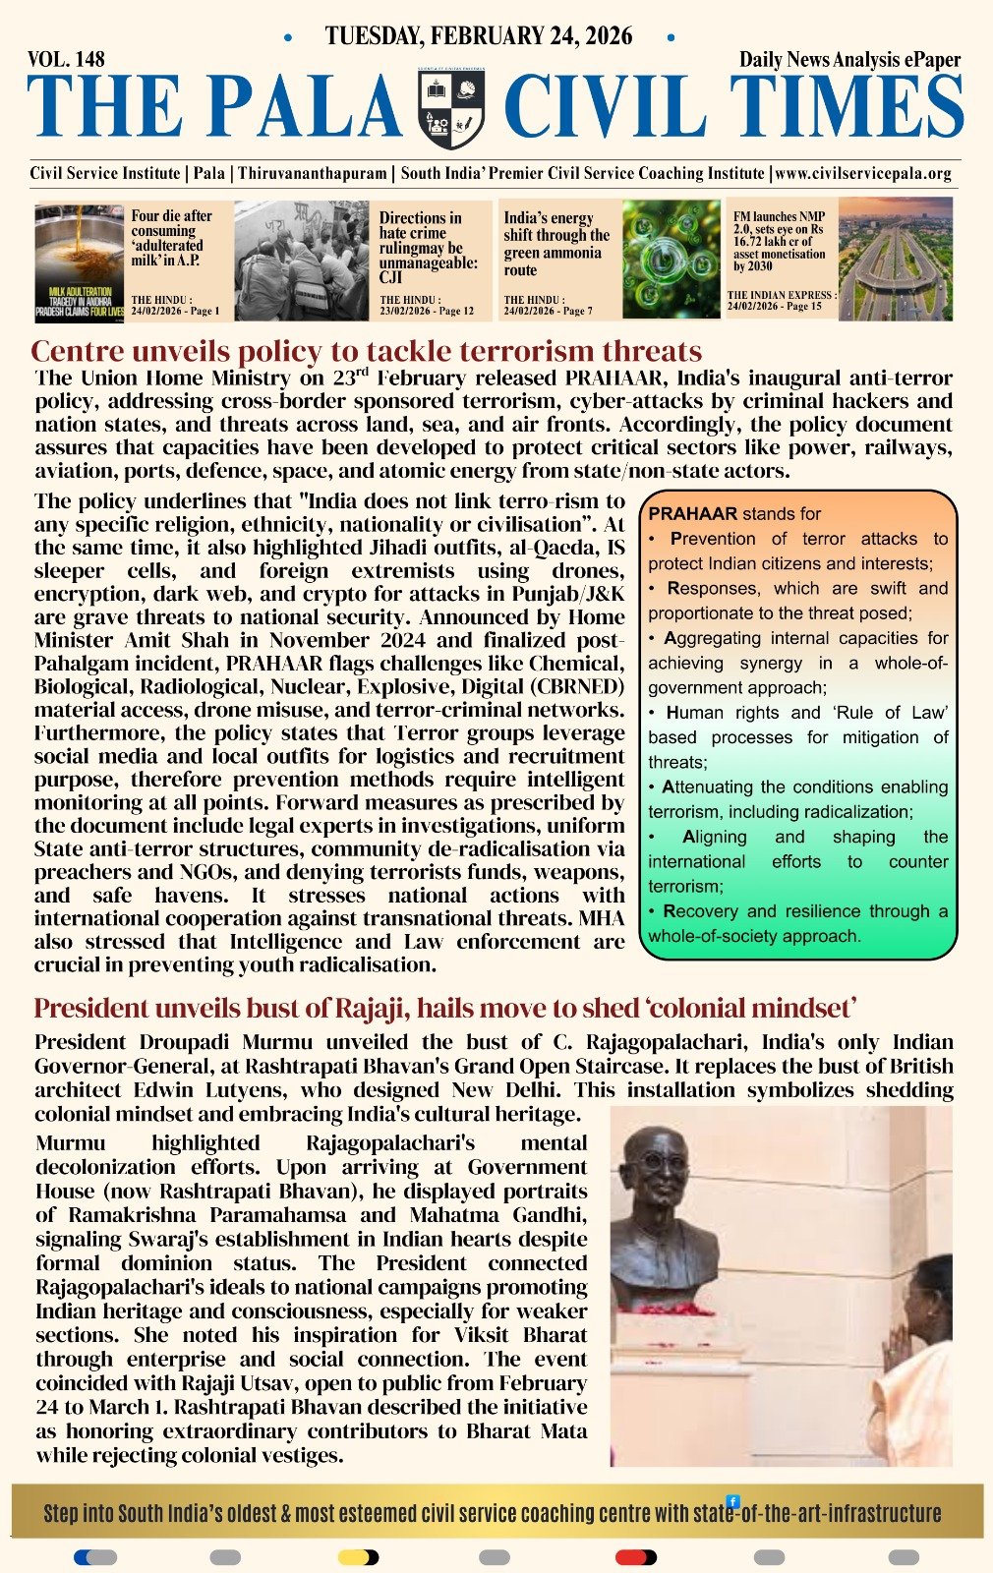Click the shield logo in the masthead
click(x=451, y=107)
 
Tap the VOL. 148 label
click(x=67, y=60)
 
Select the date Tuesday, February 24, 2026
click(x=479, y=36)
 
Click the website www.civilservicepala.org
click(x=863, y=173)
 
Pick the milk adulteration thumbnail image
click(x=80, y=262)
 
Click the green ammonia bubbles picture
click(x=671, y=259)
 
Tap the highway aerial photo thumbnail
click(x=895, y=259)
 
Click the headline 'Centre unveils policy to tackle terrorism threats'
click(x=366, y=351)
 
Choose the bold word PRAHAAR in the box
click(x=692, y=513)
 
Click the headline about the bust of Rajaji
click(x=445, y=1008)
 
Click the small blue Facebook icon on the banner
click(x=732, y=1501)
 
